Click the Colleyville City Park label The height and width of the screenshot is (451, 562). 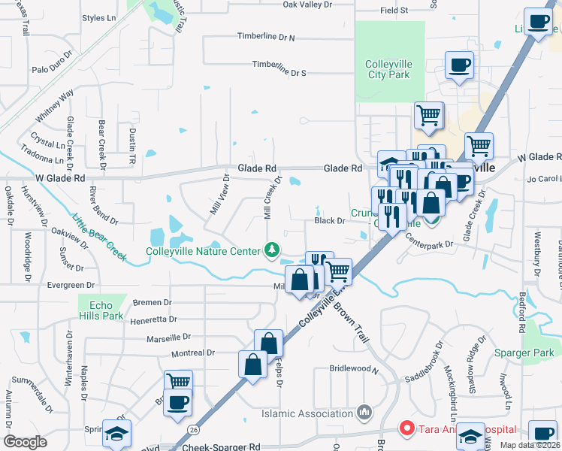point(388,69)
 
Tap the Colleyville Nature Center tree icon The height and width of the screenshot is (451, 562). point(271,250)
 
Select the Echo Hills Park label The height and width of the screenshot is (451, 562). point(101,311)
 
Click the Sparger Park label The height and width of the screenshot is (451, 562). point(524,353)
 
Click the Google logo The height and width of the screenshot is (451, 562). point(25,442)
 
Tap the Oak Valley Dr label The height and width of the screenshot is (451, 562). point(307,5)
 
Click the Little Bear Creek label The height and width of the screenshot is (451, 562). point(99,235)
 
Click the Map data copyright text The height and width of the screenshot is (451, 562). point(530,445)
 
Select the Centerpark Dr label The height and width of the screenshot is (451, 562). point(430,244)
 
